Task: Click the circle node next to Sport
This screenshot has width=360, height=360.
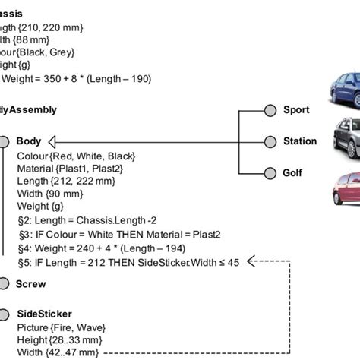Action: tap(269, 110)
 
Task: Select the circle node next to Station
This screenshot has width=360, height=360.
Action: tap(269, 141)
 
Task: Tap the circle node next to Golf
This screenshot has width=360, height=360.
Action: tap(269, 173)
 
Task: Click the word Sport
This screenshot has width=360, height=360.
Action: tap(296, 110)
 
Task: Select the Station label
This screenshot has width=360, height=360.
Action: tap(300, 141)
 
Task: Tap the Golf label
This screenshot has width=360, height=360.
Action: tap(292, 173)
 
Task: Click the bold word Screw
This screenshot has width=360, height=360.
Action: tap(31, 284)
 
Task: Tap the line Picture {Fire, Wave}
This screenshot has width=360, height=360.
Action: tap(61, 327)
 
